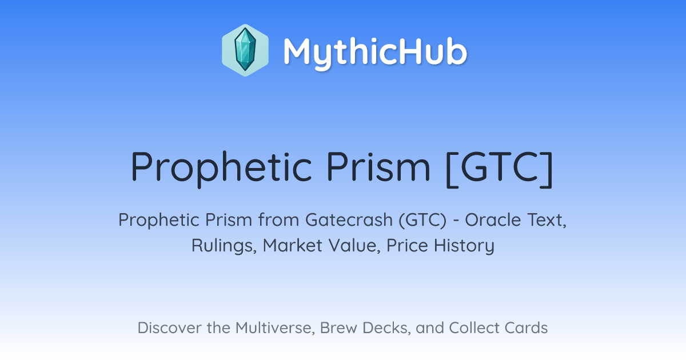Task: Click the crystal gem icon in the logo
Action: click(x=245, y=50)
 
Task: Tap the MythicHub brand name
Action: click(x=375, y=52)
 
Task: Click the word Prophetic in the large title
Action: click(x=221, y=169)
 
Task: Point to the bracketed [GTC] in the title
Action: click(x=500, y=169)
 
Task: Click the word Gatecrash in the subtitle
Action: click(x=349, y=219)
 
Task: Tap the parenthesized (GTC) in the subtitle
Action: click(x=422, y=220)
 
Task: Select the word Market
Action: click(x=293, y=245)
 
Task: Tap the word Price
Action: click(x=407, y=245)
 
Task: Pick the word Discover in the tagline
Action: click(x=170, y=327)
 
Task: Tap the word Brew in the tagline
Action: click(x=338, y=327)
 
